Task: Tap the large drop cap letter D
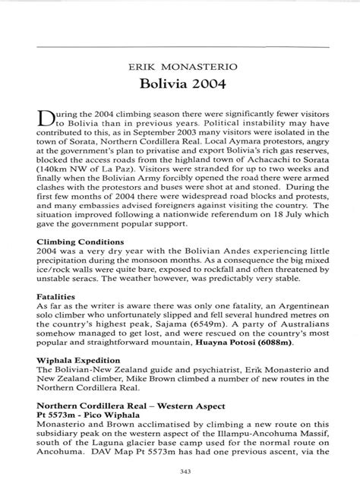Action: pyautogui.click(x=70, y=119)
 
